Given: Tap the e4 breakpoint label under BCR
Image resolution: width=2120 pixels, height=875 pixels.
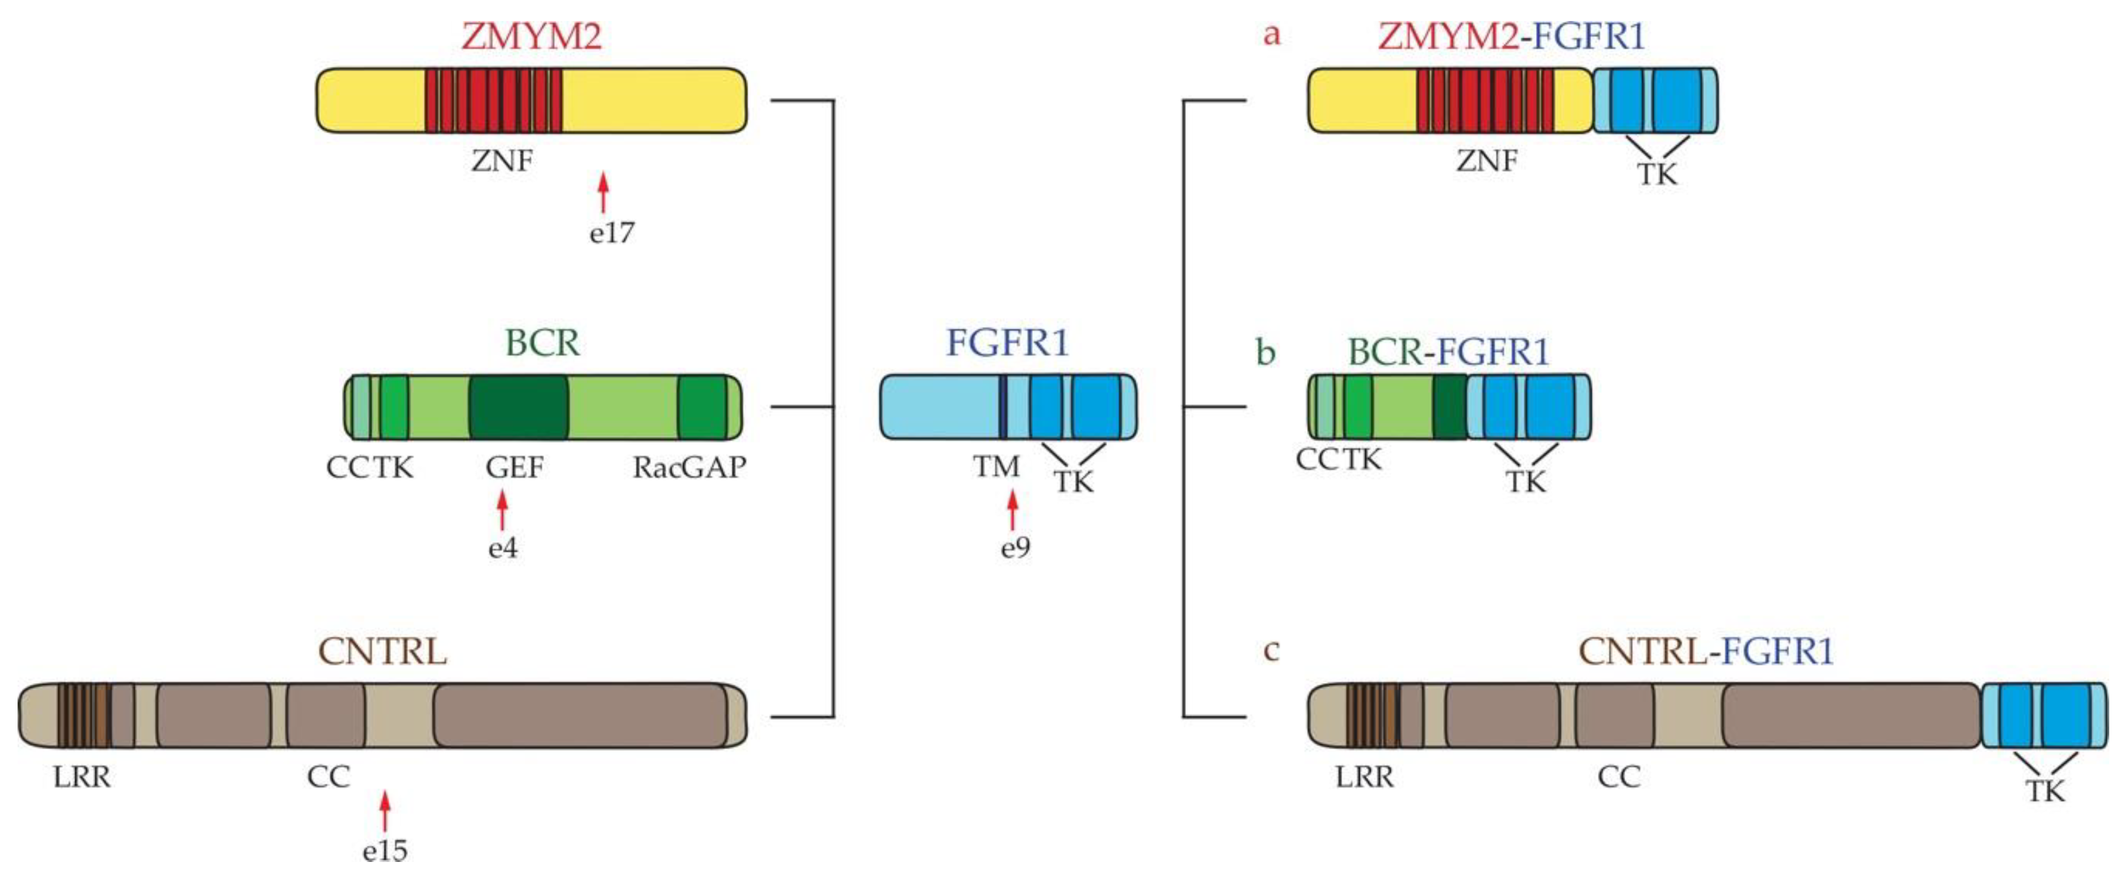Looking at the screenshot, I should tap(503, 548).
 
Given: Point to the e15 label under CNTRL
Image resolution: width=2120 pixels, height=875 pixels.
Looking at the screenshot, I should tap(384, 849).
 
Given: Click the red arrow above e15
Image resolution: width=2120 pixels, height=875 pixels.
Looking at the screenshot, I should tap(384, 811).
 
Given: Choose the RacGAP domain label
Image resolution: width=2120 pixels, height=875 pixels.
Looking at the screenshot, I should tap(689, 468).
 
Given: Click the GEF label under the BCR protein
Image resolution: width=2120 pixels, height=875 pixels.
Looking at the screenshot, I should tap(514, 468).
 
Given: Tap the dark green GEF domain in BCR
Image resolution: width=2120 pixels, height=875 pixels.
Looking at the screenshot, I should tap(519, 407).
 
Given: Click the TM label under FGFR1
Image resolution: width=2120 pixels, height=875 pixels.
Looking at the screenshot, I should tap(996, 466).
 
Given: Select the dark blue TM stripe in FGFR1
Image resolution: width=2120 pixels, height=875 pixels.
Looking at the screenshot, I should tap(1003, 407).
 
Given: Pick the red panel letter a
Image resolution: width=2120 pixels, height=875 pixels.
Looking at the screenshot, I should tap(1272, 35).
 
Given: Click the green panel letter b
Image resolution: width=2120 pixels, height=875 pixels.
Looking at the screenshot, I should tap(1266, 352).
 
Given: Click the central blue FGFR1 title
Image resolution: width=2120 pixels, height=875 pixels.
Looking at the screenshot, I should tap(1007, 342).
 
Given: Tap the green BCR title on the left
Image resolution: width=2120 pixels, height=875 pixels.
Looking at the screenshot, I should tap(542, 342).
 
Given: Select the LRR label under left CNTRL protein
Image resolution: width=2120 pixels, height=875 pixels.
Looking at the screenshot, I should tap(82, 776).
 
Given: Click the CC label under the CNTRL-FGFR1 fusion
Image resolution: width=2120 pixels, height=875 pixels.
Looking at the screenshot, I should tap(1619, 776).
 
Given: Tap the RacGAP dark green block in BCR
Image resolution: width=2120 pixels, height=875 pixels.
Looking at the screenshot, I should tap(702, 407).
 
